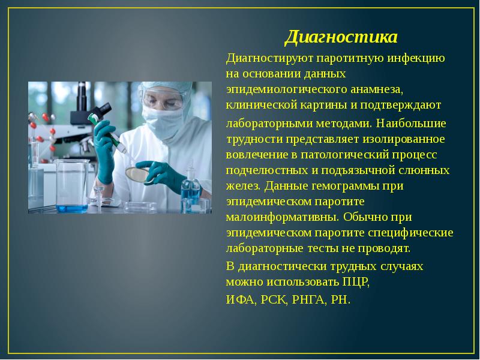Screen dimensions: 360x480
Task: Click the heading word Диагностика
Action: (x=341, y=38)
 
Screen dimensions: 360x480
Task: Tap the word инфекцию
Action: (x=415, y=59)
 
